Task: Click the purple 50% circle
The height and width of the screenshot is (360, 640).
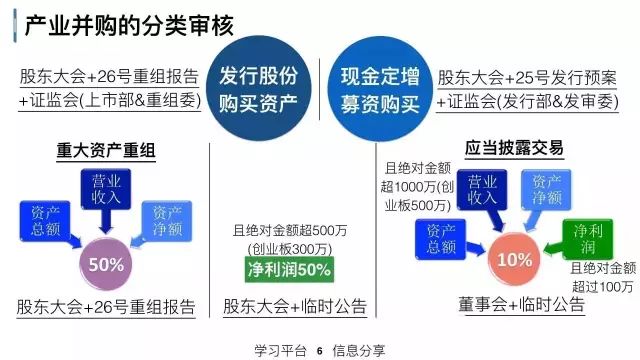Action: (106, 265)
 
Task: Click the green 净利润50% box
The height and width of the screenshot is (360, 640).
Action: (290, 269)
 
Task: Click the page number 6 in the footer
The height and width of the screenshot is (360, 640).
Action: (319, 351)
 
